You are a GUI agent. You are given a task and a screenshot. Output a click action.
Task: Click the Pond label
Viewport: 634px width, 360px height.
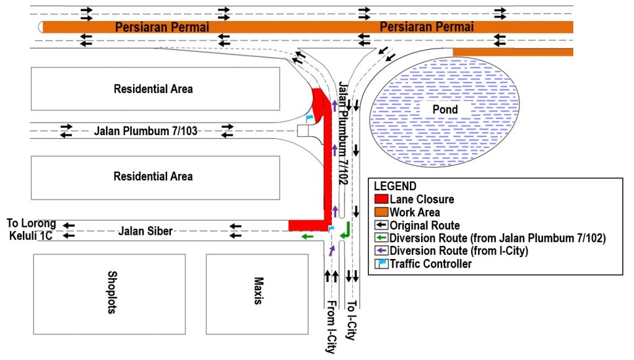pyautogui.click(x=445, y=109)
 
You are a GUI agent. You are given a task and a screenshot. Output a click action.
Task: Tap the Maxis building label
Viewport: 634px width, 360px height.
pyautogui.click(x=258, y=291)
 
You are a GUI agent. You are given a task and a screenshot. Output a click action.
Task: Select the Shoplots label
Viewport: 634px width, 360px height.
pyautogui.click(x=112, y=292)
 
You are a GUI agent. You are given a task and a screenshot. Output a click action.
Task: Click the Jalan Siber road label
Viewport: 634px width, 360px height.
pyautogui.click(x=145, y=231)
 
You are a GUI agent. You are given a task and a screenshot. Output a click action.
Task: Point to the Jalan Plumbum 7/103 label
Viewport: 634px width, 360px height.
pyautogui.click(x=145, y=131)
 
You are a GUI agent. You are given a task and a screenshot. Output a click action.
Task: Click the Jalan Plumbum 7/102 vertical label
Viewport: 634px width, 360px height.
pyautogui.click(x=343, y=133)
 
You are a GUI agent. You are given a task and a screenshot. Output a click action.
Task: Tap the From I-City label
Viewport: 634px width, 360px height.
pyautogui.click(x=331, y=327)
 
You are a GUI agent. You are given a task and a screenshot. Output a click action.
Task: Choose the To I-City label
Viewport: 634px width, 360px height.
pyautogui.click(x=352, y=320)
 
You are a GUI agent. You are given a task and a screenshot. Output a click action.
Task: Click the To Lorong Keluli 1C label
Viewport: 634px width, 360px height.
pyautogui.click(x=31, y=229)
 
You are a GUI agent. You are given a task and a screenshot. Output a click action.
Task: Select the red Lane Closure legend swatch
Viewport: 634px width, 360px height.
pyautogui.click(x=381, y=199)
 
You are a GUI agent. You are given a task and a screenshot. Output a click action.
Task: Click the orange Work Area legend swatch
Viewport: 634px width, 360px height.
pyautogui.click(x=381, y=212)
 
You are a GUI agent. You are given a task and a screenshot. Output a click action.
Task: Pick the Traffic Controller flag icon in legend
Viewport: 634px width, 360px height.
pyautogui.click(x=381, y=264)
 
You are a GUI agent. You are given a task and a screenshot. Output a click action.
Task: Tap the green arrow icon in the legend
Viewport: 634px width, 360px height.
pyautogui.click(x=381, y=238)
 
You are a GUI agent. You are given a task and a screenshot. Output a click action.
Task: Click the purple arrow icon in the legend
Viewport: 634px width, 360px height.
pyautogui.click(x=381, y=251)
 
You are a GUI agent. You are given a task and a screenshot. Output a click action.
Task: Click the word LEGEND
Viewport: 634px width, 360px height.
pyautogui.click(x=395, y=186)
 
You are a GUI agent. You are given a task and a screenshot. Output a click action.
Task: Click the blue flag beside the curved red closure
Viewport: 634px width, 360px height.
pyautogui.click(x=310, y=118)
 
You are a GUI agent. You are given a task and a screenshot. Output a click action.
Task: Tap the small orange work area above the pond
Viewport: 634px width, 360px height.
pyautogui.click(x=513, y=52)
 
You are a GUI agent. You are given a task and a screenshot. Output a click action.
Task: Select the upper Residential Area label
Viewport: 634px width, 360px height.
pyautogui.click(x=154, y=89)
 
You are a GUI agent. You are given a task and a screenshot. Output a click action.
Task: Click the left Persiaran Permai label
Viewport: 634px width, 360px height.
pyautogui.click(x=162, y=27)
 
